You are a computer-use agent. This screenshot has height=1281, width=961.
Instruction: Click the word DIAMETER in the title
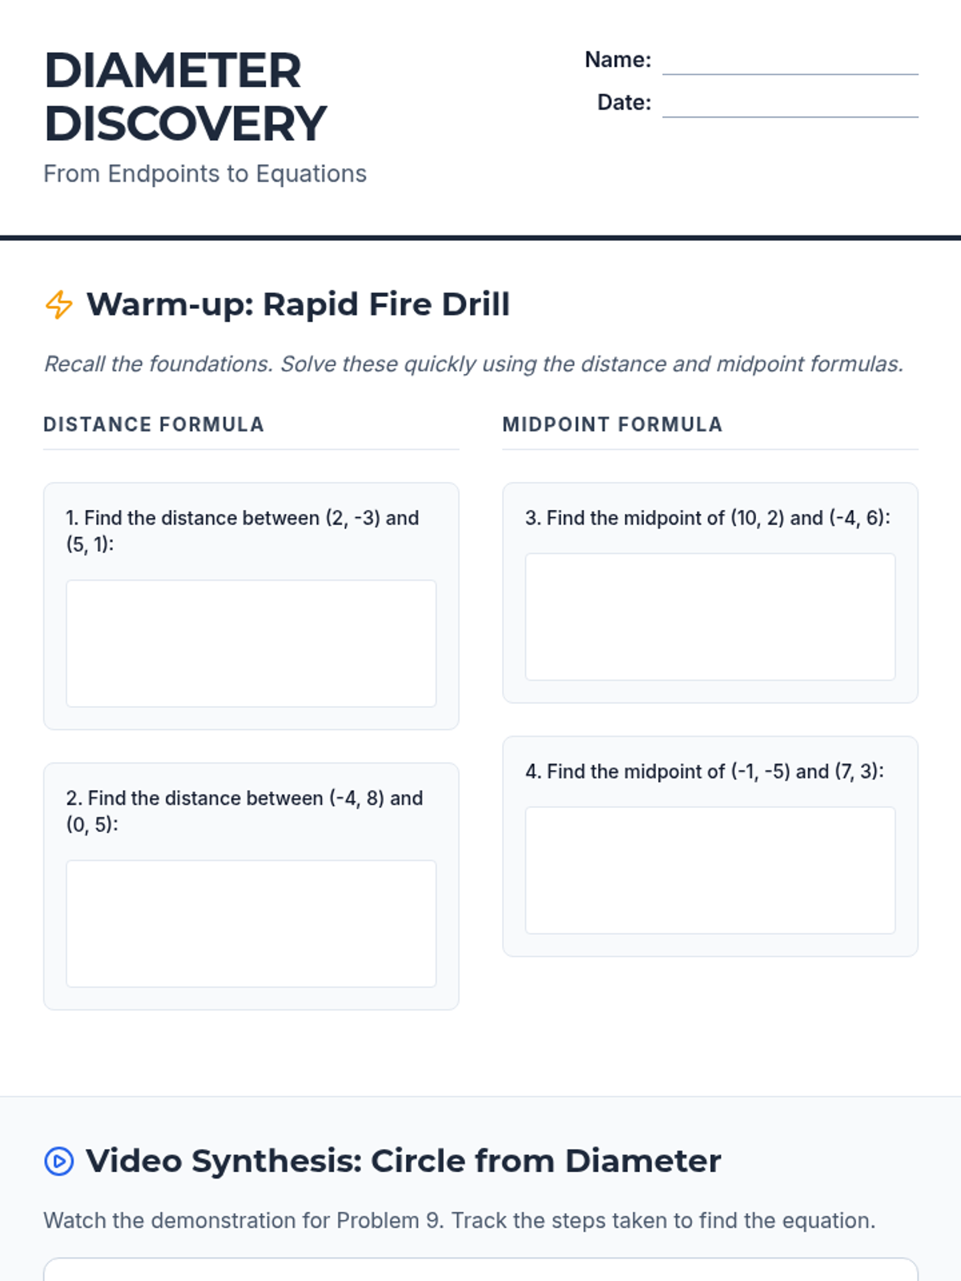click(173, 71)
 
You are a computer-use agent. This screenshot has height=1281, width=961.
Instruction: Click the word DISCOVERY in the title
click(186, 124)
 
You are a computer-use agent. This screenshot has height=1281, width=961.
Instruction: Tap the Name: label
click(618, 59)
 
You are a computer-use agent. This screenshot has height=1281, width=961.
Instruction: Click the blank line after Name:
click(790, 74)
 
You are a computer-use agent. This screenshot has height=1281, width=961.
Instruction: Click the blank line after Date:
click(790, 117)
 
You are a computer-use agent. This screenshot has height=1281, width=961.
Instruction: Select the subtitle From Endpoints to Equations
click(205, 174)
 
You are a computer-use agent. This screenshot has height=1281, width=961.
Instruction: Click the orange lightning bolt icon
click(59, 305)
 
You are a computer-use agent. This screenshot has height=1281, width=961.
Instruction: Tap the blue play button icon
click(59, 1161)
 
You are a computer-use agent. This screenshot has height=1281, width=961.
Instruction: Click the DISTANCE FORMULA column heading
click(154, 424)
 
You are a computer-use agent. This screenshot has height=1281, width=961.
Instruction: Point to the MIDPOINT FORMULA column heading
click(613, 424)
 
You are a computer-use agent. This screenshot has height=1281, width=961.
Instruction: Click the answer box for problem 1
click(251, 643)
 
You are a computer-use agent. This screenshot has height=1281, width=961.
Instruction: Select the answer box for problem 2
click(251, 923)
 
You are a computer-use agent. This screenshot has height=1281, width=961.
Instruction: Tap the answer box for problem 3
click(710, 616)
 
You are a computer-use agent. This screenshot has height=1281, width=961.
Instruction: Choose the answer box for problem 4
click(710, 870)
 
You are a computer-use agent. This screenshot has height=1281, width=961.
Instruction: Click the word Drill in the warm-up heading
click(476, 304)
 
